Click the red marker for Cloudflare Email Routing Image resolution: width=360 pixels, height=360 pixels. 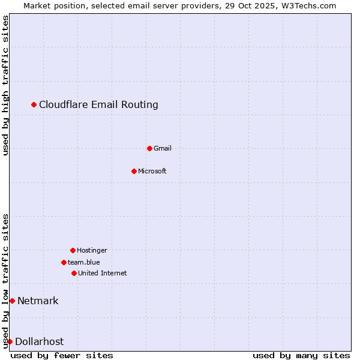pyautogui.click(x=34, y=105)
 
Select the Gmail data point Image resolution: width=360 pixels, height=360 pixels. pyautogui.click(x=149, y=148)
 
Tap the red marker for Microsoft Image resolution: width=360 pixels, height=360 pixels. pyautogui.click(x=134, y=171)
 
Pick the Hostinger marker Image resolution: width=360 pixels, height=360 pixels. pyautogui.click(x=73, y=250)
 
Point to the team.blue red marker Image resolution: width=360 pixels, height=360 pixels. pyautogui.click(x=64, y=262)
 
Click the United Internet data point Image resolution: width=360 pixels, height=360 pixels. pyautogui.click(x=74, y=273)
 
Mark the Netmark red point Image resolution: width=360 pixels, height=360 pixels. pyautogui.click(x=12, y=301)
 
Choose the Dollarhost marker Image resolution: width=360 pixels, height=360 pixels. pyautogui.click(x=10, y=341)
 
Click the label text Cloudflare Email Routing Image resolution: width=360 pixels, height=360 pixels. pyautogui.click(x=98, y=105)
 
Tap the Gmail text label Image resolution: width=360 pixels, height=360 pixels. pyautogui.click(x=162, y=148)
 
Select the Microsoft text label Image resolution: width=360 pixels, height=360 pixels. pyautogui.click(x=152, y=171)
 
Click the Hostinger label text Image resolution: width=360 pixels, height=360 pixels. pyautogui.click(x=92, y=250)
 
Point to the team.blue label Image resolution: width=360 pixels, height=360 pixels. pyautogui.click(x=84, y=262)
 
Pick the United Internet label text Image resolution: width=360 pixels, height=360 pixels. pyautogui.click(x=102, y=273)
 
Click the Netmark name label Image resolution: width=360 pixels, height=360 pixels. pyautogui.click(x=38, y=301)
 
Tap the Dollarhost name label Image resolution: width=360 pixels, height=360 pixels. pyautogui.click(x=39, y=341)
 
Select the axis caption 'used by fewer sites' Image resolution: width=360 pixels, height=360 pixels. pyautogui.click(x=62, y=355)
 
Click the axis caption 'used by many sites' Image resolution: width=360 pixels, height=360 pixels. pyautogui.click(x=301, y=355)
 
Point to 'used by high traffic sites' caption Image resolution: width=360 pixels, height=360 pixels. pyautogui.click(x=5, y=85)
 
